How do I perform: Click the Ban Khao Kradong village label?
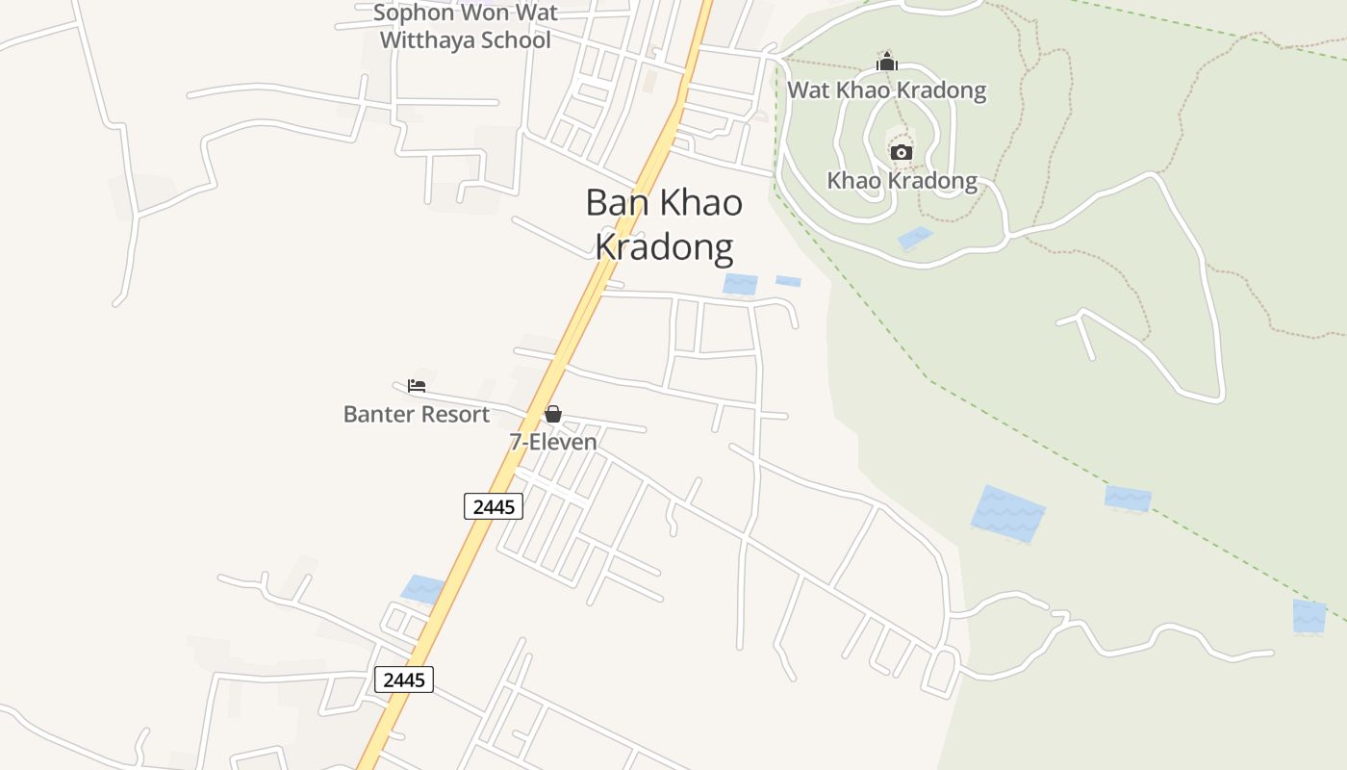[x=664, y=224]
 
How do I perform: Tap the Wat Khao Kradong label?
[x=886, y=90]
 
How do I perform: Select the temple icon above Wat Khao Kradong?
[x=886, y=63]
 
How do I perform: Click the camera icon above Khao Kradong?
[x=901, y=152]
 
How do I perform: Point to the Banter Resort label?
[x=417, y=414]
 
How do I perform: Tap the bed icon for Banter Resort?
[x=417, y=386]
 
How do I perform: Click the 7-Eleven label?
[x=553, y=442]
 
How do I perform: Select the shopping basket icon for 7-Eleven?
[x=553, y=414]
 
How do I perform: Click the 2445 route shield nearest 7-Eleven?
[x=494, y=506]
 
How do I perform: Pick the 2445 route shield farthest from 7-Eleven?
[x=404, y=680]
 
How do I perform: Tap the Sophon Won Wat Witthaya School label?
[x=466, y=26]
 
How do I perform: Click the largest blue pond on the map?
[x=1007, y=514]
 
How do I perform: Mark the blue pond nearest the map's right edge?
[x=1309, y=616]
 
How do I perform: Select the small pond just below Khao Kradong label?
[x=915, y=238]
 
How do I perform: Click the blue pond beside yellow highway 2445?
[x=422, y=589]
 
